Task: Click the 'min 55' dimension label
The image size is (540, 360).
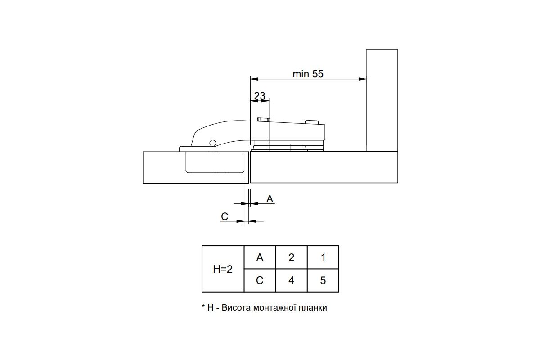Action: pos(308,74)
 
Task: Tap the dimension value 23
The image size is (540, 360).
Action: pos(260,96)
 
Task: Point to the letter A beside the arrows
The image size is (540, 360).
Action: pos(270,199)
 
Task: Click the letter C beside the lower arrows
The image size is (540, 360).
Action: pos(225,216)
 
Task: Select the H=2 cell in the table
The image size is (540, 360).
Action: pos(223,269)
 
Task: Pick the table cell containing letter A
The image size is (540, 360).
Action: pos(260,257)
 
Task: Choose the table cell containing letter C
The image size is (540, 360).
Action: pos(260,280)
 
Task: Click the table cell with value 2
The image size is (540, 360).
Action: pos(292,257)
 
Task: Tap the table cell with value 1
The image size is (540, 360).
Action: pos(323,257)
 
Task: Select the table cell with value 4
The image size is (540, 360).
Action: pos(292,280)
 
